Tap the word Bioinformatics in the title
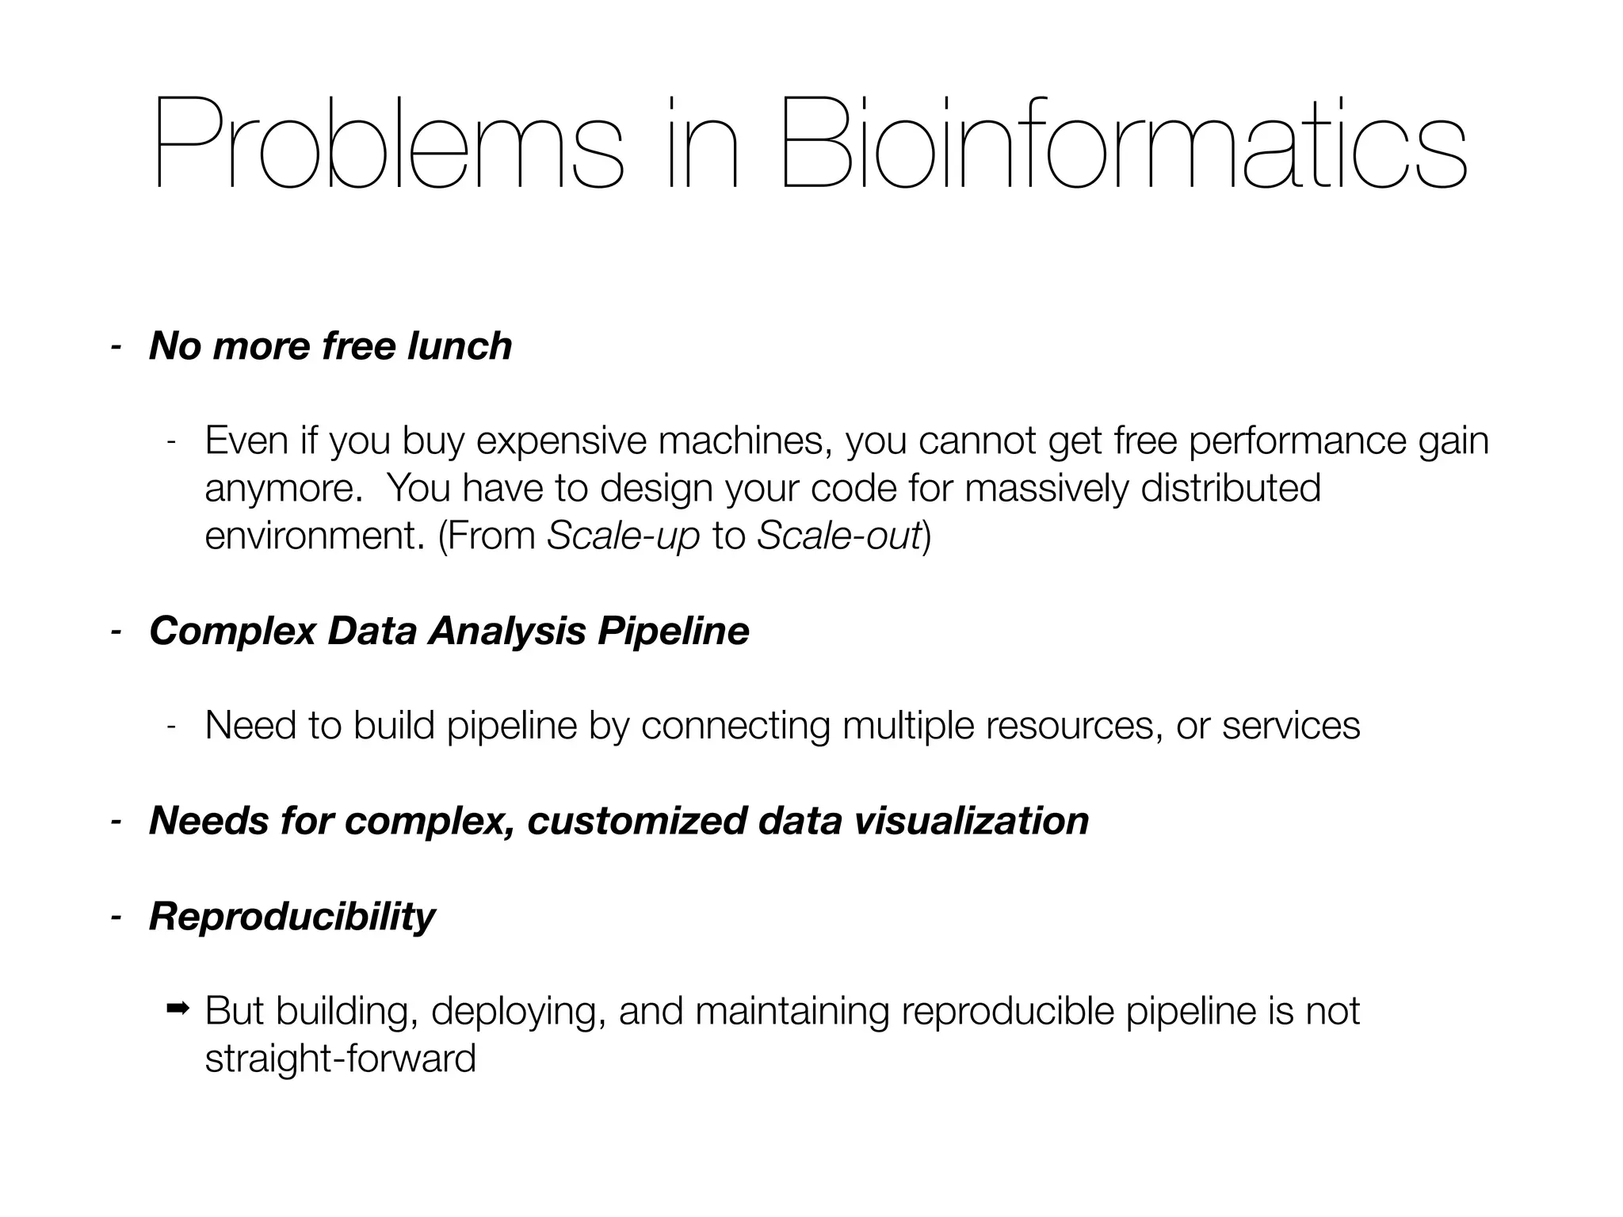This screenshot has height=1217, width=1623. [x=1123, y=143]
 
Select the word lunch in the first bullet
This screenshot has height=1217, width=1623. [x=459, y=346]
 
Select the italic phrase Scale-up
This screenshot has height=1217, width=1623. [x=624, y=536]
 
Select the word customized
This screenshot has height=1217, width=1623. [x=636, y=821]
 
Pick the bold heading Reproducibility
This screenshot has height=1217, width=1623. [x=292, y=917]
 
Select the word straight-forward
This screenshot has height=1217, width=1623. [x=340, y=1059]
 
